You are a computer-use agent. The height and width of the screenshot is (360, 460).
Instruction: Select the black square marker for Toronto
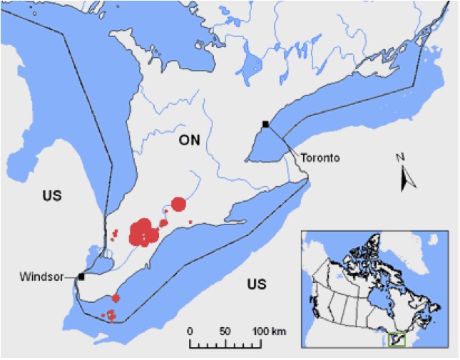pyautogui.click(x=266, y=125)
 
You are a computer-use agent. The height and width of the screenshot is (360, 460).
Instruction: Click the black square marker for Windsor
pyautogui.click(x=82, y=276)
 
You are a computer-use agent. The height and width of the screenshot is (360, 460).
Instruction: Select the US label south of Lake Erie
pyautogui.click(x=257, y=284)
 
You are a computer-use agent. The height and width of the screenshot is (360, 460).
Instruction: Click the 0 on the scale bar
pyautogui.click(x=190, y=331)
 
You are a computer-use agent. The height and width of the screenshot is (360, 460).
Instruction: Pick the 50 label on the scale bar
pyautogui.click(x=225, y=331)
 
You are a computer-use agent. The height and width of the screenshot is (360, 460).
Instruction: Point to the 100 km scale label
pyautogui.click(x=270, y=331)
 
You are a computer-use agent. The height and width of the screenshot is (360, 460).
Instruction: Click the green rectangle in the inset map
pyautogui.click(x=396, y=340)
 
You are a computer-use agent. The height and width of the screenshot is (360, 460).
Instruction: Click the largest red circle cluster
pyautogui.click(x=143, y=232)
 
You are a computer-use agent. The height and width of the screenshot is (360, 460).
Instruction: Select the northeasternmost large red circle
pyautogui.click(x=178, y=204)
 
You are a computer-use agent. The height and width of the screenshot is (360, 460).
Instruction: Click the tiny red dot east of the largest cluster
pyautogui.click(x=190, y=222)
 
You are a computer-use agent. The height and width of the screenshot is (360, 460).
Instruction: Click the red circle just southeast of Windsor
pyautogui.click(x=116, y=298)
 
